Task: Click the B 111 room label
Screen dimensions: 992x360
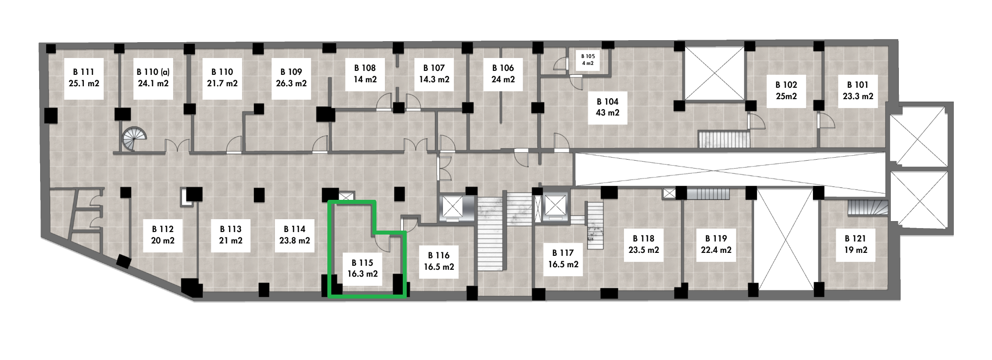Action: (84, 78)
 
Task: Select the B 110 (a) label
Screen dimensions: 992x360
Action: (153, 78)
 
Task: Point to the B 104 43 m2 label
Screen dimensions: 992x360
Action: (608, 107)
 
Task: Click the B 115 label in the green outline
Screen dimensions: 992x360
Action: (363, 268)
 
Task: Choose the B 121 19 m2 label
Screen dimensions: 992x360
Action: (856, 244)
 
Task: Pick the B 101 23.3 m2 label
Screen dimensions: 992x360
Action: (858, 91)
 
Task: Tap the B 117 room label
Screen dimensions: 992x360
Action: (563, 259)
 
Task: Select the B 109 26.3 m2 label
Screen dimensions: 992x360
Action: (291, 78)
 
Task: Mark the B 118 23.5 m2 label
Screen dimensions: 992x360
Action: (644, 244)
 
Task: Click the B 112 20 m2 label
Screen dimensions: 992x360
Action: (163, 235)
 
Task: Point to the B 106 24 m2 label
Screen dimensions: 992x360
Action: (503, 74)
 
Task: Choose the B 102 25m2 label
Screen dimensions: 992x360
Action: (787, 91)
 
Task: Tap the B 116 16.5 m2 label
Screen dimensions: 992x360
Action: (439, 261)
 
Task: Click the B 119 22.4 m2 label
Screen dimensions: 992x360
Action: (716, 244)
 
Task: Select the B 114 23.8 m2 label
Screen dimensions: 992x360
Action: (295, 235)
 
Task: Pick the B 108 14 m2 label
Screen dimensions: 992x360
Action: (365, 74)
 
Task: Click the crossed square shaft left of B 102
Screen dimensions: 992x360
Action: (714, 73)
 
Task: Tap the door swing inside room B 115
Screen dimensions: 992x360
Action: (382, 243)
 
